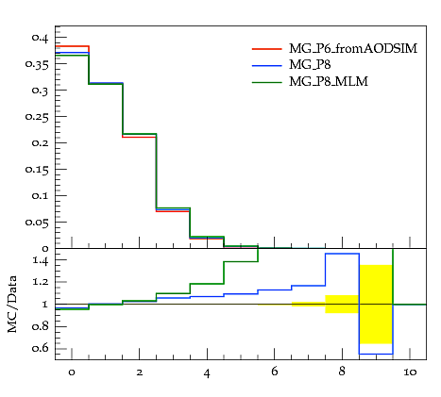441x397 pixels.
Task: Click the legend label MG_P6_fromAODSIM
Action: pyautogui.click(x=353, y=49)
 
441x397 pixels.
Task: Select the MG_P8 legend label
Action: pyautogui.click(x=310, y=65)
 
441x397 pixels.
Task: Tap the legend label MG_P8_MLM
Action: pyautogui.click(x=329, y=82)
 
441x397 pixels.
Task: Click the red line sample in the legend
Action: pyautogui.click(x=267, y=49)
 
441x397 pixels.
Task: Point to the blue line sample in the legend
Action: pyautogui.click(x=267, y=65)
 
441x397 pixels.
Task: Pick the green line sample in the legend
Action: pyautogui.click(x=267, y=82)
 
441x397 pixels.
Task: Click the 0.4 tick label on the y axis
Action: pyautogui.click(x=40, y=38)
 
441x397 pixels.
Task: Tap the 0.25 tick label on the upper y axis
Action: pyautogui.click(x=37, y=117)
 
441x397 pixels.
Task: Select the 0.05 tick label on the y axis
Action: pyautogui.click(x=37, y=223)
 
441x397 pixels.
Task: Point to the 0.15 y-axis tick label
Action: pyautogui.click(x=37, y=170)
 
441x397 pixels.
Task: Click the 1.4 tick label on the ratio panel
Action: pyautogui.click(x=41, y=260)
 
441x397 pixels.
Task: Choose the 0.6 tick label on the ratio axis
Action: pyautogui.click(x=41, y=348)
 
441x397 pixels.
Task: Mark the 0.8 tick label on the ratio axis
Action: pyautogui.click(x=41, y=326)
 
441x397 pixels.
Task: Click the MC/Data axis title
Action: pyautogui.click(x=12, y=305)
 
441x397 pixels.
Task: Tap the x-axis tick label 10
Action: pyautogui.click(x=410, y=372)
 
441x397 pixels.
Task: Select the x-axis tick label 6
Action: pyautogui.click(x=275, y=372)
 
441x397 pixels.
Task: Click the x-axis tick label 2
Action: pyautogui.click(x=140, y=372)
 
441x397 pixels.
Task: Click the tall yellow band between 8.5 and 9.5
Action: pyautogui.click(x=376, y=305)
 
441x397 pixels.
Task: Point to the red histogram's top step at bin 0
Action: pyautogui.click(x=72, y=46)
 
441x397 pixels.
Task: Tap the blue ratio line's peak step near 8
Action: pyautogui.click(x=342, y=254)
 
